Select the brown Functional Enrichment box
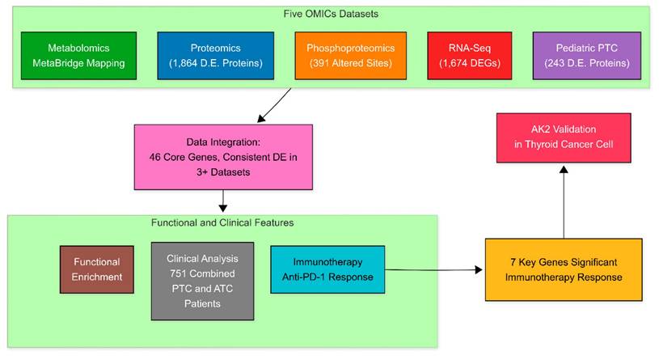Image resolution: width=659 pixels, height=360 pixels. [x=96, y=269]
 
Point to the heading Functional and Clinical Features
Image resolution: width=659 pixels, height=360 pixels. [x=222, y=222]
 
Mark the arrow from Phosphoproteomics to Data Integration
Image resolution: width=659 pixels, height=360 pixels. [x=275, y=104]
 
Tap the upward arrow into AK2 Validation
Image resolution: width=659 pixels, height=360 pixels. [x=564, y=202]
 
